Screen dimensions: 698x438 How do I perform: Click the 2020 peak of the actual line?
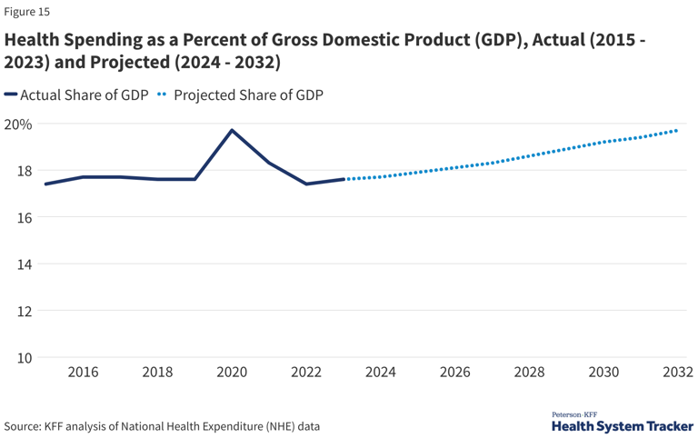click(x=232, y=131)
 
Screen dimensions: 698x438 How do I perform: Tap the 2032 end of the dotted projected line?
click(x=676, y=131)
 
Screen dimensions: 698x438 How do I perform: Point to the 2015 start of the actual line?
click(x=45, y=184)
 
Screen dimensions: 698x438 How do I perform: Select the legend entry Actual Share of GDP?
click(x=76, y=95)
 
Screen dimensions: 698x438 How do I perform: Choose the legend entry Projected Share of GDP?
click(x=240, y=95)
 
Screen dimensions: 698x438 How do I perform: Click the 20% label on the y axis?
click(x=18, y=124)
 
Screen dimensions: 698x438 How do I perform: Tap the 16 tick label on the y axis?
click(x=25, y=217)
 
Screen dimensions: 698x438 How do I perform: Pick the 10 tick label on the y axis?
click(x=25, y=357)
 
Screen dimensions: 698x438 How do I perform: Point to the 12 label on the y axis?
click(x=25, y=311)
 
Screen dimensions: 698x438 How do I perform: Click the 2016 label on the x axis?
click(x=84, y=372)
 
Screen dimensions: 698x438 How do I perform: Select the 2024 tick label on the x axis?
click(x=381, y=372)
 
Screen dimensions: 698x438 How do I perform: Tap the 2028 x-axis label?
click(x=529, y=372)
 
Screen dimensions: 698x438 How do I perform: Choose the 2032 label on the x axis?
click(x=678, y=372)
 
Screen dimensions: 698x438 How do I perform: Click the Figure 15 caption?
click(x=26, y=12)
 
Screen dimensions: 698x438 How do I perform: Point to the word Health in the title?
click(x=32, y=40)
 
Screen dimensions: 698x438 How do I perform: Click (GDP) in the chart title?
click(x=501, y=40)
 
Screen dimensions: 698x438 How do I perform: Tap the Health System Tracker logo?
click(x=623, y=422)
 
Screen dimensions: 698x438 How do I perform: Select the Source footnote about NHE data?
click(x=162, y=426)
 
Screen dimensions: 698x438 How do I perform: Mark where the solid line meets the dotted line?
click(x=344, y=179)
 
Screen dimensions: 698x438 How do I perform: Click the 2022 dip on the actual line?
click(x=306, y=184)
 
